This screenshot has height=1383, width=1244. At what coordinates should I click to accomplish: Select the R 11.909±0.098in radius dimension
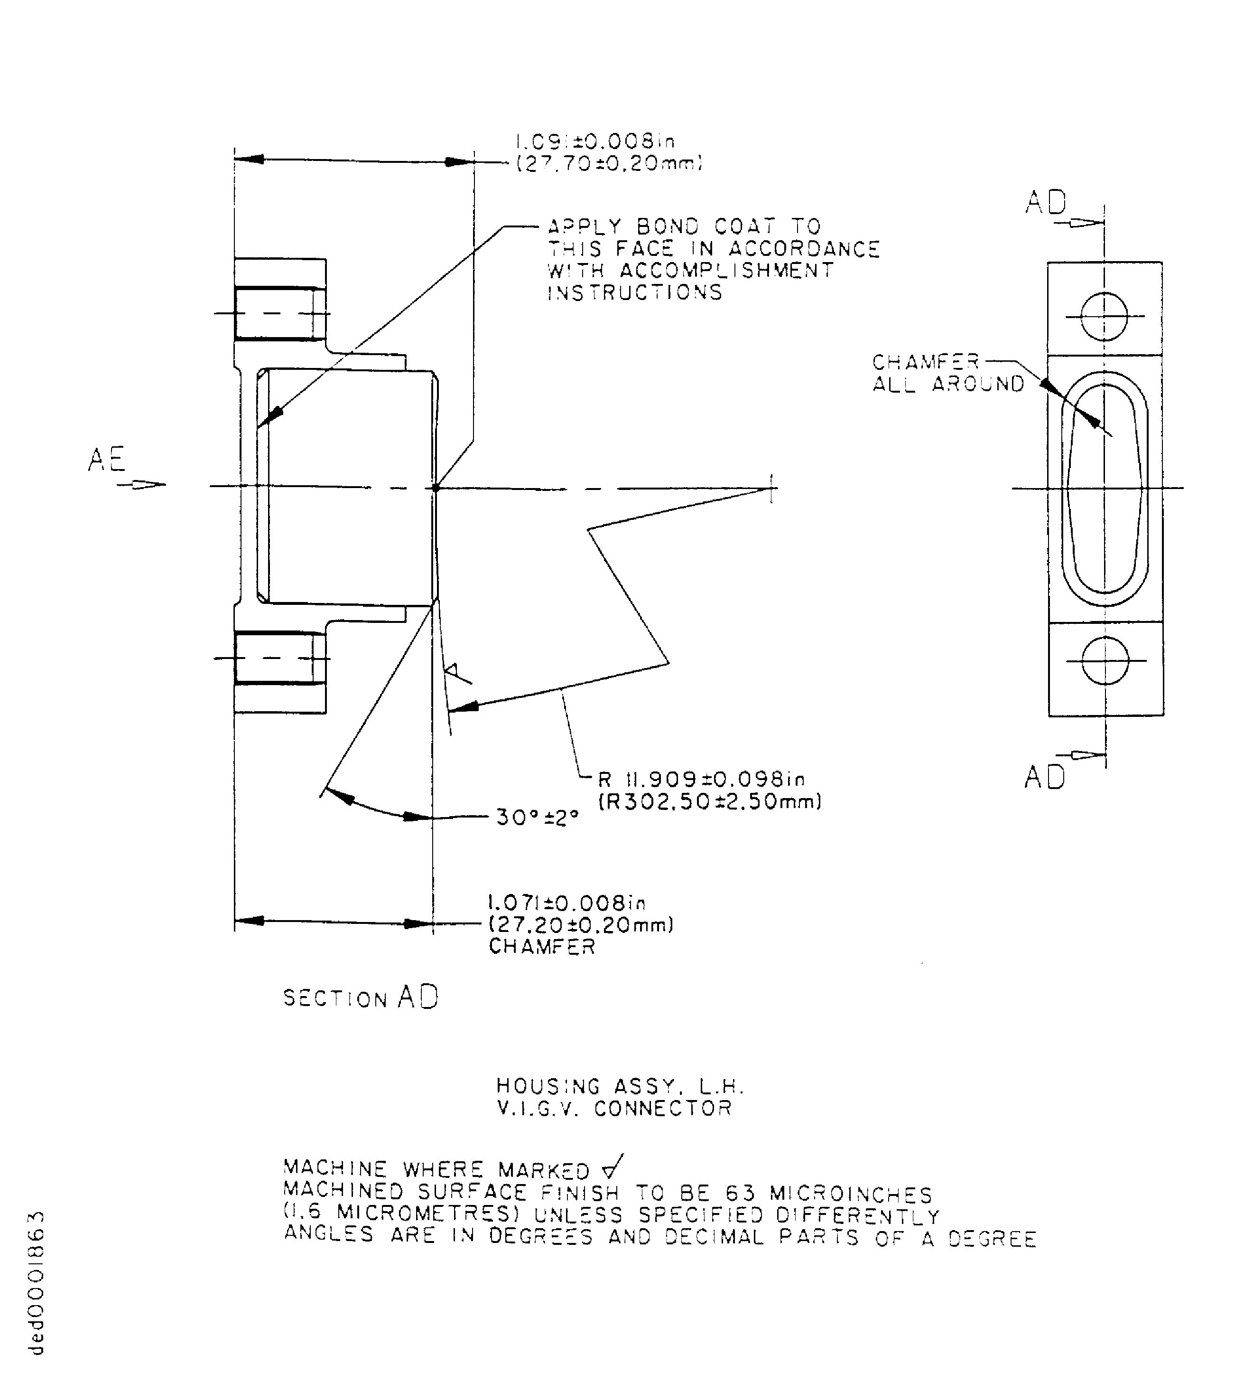coord(701,779)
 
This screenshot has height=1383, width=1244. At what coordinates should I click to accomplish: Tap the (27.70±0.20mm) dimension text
coord(608,164)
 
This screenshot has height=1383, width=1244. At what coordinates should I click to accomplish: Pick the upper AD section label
coord(1046,202)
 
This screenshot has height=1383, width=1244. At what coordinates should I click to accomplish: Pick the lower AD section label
coord(1044,777)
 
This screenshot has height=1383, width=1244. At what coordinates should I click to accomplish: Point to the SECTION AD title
coord(361,998)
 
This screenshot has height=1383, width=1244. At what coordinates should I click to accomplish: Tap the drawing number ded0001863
coord(37,1293)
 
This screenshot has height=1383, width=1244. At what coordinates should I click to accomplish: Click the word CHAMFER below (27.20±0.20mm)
coord(542,947)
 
